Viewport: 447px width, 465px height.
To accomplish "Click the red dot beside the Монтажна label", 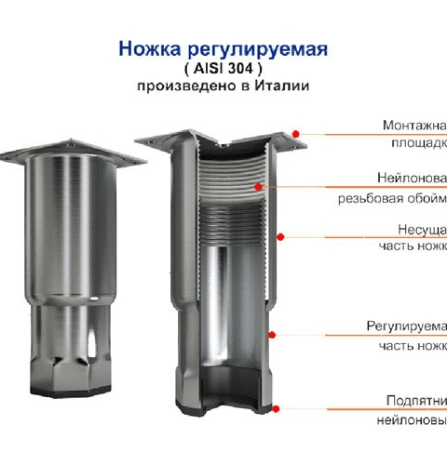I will point(296,134).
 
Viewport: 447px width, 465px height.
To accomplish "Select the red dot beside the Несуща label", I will point(281,236).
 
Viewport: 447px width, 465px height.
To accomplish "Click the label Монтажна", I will point(414,125).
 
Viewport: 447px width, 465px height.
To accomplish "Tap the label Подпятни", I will point(416,400).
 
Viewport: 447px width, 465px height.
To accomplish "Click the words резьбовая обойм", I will point(391,197).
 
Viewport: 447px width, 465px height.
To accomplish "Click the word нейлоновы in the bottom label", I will point(410,419).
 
